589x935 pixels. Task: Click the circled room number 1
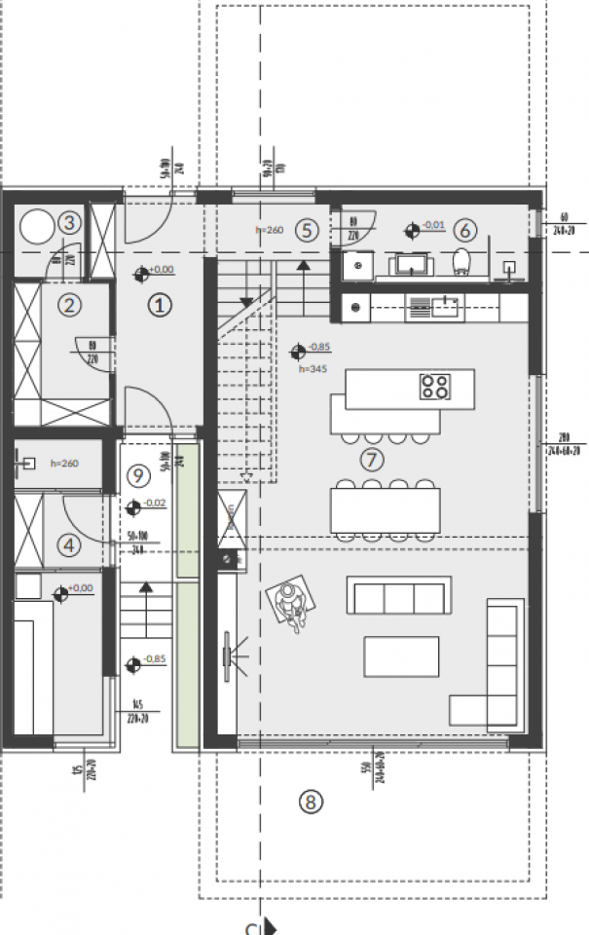(160, 305)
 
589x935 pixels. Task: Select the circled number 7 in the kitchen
(372, 459)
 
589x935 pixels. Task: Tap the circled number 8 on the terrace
(310, 802)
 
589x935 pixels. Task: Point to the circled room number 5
(306, 231)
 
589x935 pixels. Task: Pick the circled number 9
(137, 475)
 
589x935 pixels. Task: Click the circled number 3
(68, 222)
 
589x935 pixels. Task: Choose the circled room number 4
(68, 545)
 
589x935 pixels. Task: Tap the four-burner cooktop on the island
(434, 387)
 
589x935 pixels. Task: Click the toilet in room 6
(463, 260)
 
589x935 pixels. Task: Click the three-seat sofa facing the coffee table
(399, 595)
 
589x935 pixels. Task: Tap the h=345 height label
(312, 369)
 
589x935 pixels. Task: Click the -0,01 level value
(433, 227)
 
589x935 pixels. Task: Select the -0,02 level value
(154, 504)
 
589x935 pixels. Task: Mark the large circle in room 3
(37, 227)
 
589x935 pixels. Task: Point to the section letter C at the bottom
(251, 928)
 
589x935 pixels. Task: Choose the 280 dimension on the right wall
(562, 436)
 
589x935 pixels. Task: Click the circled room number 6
(464, 231)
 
